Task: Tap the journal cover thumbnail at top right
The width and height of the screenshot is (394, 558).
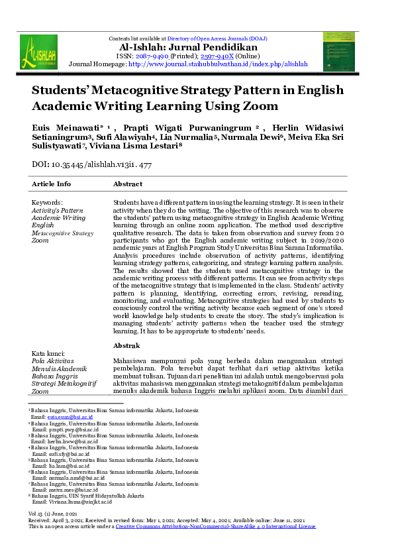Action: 338,51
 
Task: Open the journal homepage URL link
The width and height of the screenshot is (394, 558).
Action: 217,64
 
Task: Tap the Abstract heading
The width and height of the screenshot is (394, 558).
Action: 128,184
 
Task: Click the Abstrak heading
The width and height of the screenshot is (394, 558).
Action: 126,346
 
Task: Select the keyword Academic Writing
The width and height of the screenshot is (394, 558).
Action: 59,217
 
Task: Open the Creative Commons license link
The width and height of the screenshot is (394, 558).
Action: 216,526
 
